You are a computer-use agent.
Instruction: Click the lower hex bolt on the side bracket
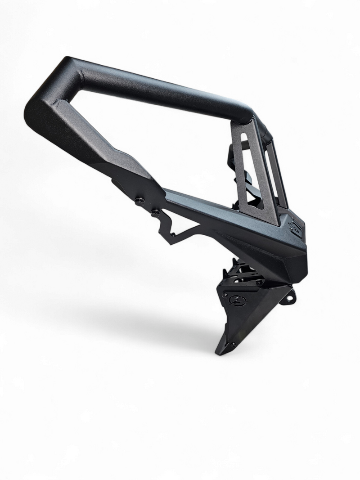(155, 211)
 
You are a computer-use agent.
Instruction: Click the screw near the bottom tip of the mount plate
(234, 344)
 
